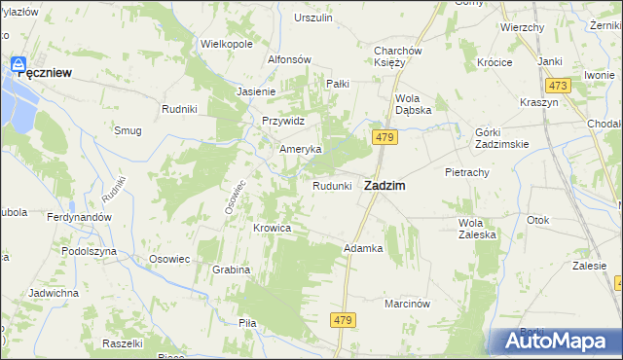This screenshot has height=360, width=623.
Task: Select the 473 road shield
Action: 557,86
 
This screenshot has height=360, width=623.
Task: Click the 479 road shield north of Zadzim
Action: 384,139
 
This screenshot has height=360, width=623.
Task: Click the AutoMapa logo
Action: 555,342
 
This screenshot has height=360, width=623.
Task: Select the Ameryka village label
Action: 300,149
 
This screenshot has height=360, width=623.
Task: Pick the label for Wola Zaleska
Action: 477,228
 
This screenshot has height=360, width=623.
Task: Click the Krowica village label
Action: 273,228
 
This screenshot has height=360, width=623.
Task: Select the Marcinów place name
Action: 407,303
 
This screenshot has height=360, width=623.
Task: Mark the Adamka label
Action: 362,248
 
